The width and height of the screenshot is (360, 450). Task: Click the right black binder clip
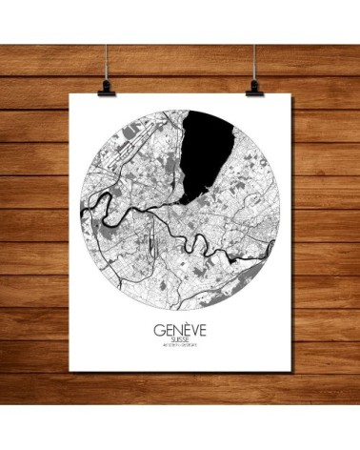click(255, 87)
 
